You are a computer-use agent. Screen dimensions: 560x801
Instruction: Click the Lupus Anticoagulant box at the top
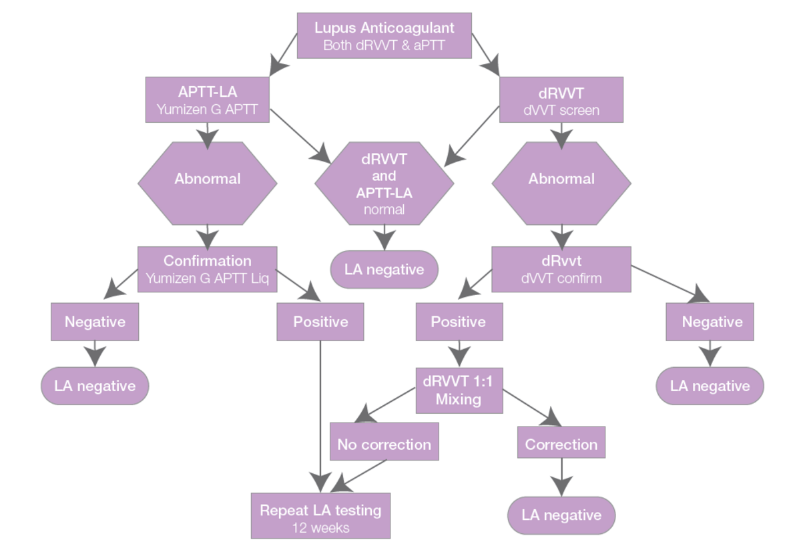point(384,35)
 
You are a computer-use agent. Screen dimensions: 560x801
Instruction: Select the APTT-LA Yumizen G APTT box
point(208,100)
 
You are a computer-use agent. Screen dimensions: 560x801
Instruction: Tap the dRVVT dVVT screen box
point(561,100)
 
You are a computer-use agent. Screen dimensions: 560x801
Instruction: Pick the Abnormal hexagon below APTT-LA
point(208,179)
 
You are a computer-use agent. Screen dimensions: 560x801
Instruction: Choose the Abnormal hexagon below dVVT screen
point(561,179)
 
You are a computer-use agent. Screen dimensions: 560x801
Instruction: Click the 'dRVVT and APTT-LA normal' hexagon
point(384,183)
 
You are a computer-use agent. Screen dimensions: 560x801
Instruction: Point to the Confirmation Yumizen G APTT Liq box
point(208,269)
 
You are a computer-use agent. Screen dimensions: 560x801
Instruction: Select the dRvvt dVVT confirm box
point(561,269)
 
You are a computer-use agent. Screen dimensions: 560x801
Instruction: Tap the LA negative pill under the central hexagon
point(384,270)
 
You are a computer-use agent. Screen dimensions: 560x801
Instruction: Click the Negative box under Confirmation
point(95,322)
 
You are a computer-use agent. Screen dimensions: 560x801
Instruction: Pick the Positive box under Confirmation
point(320,322)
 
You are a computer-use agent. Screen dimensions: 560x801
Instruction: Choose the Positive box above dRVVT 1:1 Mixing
point(459,322)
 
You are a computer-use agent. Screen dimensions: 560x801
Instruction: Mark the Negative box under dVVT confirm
point(710,322)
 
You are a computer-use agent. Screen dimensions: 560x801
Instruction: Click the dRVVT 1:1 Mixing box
point(459,390)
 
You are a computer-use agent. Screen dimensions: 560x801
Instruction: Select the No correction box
point(384,444)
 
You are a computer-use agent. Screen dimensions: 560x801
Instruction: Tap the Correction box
point(561,444)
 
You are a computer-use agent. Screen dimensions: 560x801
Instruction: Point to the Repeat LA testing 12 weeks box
point(320,516)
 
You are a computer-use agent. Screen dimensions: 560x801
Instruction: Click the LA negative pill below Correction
point(561,515)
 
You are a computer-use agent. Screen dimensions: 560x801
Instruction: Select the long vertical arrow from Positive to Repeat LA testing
point(320,414)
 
